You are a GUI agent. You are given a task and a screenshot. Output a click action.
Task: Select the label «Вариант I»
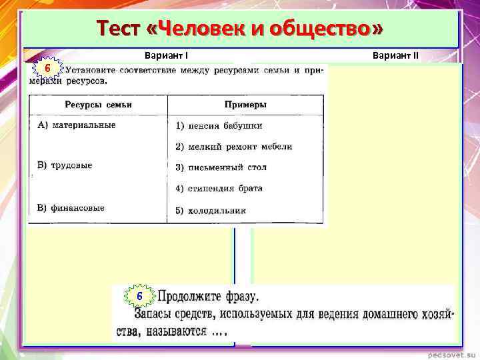[x=170, y=56]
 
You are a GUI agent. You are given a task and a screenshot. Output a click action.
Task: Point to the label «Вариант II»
[x=396, y=56]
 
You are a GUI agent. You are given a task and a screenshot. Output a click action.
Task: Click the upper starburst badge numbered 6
[x=47, y=69]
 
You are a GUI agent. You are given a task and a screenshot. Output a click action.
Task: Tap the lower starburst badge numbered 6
[x=139, y=296]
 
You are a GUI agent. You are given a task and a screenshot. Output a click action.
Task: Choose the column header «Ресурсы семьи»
[x=98, y=105]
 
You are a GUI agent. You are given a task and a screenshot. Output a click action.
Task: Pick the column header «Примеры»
[x=245, y=105]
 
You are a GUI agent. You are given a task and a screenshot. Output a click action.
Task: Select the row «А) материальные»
[x=77, y=125]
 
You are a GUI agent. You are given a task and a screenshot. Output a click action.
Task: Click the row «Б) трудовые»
[x=65, y=165]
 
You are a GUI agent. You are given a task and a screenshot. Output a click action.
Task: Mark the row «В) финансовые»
[x=71, y=208]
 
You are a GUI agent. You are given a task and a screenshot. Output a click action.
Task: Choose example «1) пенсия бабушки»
[x=219, y=125]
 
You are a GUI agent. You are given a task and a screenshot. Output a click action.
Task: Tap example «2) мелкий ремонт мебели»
[x=233, y=147]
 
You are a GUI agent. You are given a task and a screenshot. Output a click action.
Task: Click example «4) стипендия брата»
[x=219, y=189]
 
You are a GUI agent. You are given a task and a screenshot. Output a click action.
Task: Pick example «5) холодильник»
[x=211, y=210]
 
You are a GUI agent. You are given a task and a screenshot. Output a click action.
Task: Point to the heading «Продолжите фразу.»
[x=208, y=296]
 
